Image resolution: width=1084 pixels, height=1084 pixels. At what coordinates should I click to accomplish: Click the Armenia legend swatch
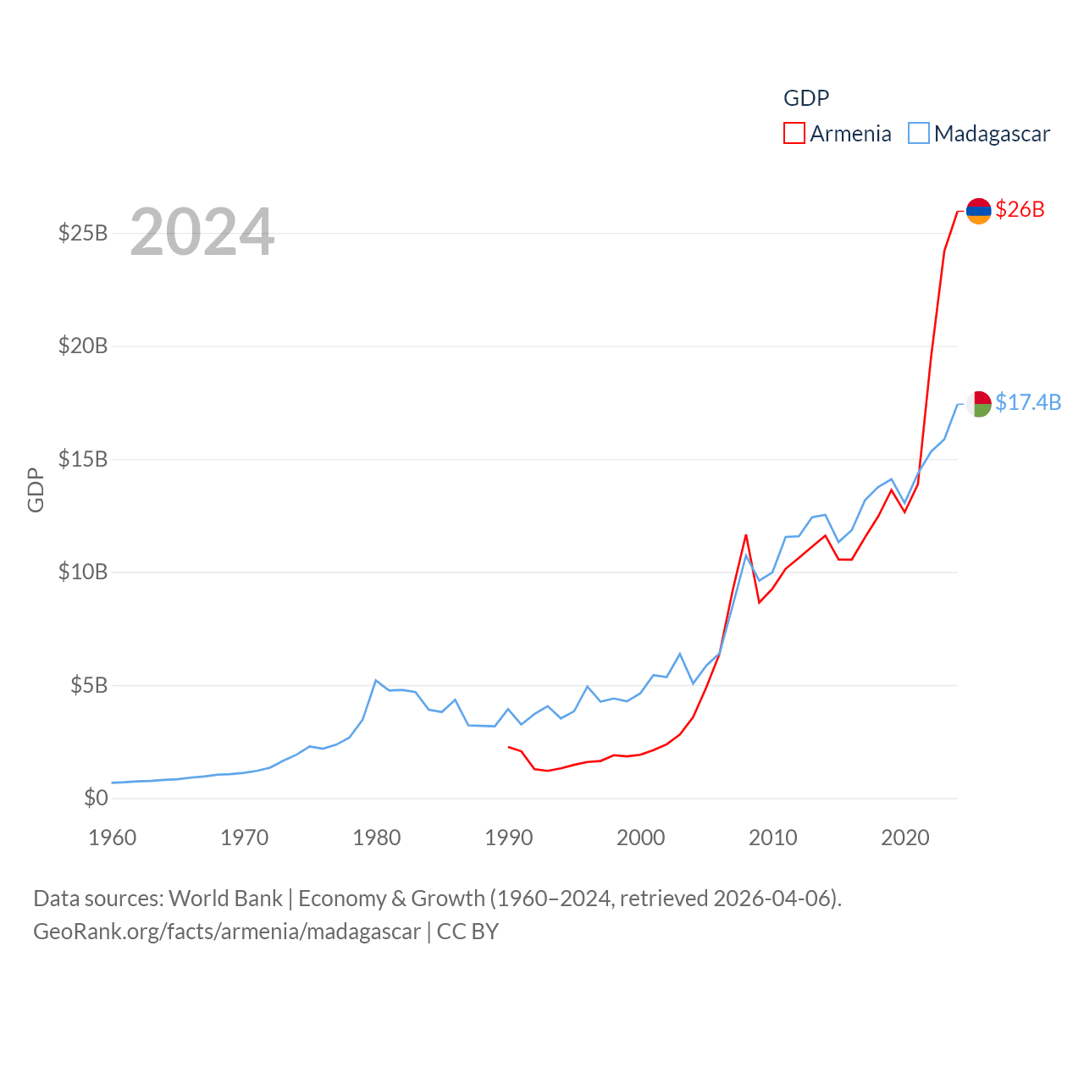coord(794,134)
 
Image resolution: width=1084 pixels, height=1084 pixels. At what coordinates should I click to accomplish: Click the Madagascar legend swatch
coord(919,134)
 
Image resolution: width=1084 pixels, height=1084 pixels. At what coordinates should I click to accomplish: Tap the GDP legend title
coord(806,98)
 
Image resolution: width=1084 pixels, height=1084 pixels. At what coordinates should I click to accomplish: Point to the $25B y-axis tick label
coord(83,233)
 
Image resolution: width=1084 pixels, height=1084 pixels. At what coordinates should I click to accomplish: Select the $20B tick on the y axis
coord(83,346)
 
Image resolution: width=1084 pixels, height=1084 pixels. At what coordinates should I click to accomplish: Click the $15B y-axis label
coord(83,459)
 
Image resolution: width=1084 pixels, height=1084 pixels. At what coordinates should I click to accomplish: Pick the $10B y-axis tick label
coord(83,572)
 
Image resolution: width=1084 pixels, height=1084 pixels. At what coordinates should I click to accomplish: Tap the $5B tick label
coord(89,685)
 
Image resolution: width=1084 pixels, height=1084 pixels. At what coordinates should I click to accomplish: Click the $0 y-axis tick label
coord(96,798)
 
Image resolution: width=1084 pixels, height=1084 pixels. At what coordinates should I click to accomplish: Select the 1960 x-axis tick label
coord(113,838)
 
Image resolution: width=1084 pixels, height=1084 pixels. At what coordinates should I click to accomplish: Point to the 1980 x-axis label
coord(377,838)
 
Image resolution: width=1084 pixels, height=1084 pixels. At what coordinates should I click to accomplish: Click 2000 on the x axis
coord(641,838)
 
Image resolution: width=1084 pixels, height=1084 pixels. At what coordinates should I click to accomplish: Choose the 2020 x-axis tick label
coord(905,838)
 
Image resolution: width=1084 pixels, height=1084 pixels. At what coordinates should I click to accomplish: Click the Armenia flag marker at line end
coord(979,211)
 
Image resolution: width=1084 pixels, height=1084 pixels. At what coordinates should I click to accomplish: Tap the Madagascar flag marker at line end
coord(979,404)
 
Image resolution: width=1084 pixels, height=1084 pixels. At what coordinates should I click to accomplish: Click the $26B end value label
coord(1020,209)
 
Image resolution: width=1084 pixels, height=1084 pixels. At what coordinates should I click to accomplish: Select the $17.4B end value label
coord(1028,402)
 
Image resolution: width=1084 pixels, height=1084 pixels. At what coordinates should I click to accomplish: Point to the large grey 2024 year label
coord(202,232)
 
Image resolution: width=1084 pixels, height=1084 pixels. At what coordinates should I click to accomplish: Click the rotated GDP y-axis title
coord(36,489)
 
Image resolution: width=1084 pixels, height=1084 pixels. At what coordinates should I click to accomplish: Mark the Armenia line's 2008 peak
coord(746,534)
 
